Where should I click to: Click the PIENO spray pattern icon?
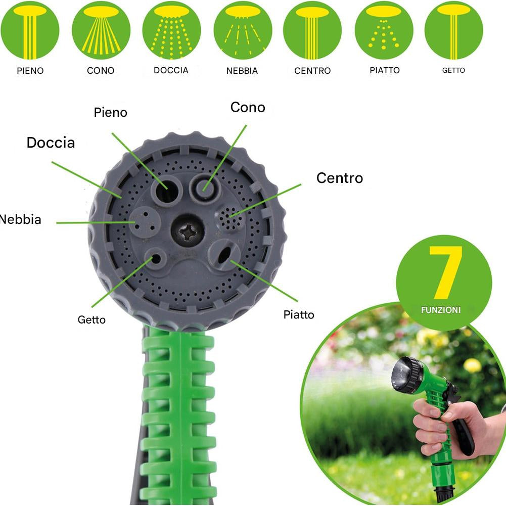pos(30,30)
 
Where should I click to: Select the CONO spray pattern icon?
pos(101,30)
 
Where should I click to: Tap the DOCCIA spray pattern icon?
pos(171,30)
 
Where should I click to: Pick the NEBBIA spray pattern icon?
pos(243,30)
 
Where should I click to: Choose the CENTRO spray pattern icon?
pos(312,30)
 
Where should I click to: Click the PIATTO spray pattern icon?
pos(384,30)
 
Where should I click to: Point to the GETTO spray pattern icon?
pos(454,30)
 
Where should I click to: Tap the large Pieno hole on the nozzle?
pos(167,191)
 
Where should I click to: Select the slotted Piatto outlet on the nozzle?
pos(224,255)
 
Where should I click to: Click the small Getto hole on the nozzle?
pos(156,258)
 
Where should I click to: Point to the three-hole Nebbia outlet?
pos(145,222)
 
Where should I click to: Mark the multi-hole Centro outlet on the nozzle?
pos(230,218)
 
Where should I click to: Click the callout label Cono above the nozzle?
pos(248,108)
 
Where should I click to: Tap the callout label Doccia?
pos(51,143)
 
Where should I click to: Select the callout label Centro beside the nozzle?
pos(340,178)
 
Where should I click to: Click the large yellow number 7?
pos(446,272)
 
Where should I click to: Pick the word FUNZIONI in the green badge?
pos(441,310)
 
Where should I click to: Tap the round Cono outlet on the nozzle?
pos(205,187)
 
